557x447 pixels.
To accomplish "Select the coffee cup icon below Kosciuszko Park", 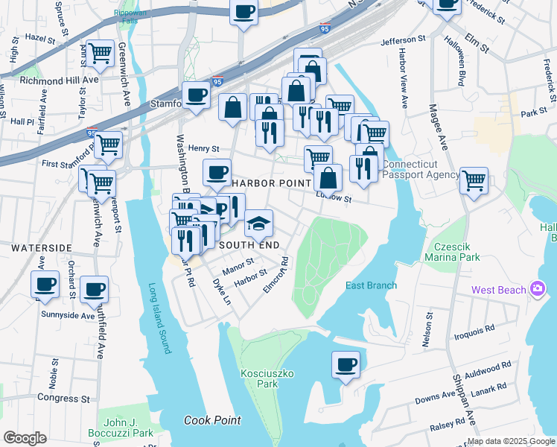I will (346, 365).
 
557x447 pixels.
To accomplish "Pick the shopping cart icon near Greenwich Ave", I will (100, 53).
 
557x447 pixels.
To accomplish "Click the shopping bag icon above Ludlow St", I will (328, 179).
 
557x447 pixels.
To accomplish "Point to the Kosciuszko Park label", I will (259, 378).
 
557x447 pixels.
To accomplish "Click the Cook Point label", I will (212, 420).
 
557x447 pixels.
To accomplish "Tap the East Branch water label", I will (371, 285).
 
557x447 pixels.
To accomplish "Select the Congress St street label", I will (63, 399).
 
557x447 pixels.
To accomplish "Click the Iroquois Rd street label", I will (474, 329).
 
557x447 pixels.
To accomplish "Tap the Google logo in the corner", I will (25, 438).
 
